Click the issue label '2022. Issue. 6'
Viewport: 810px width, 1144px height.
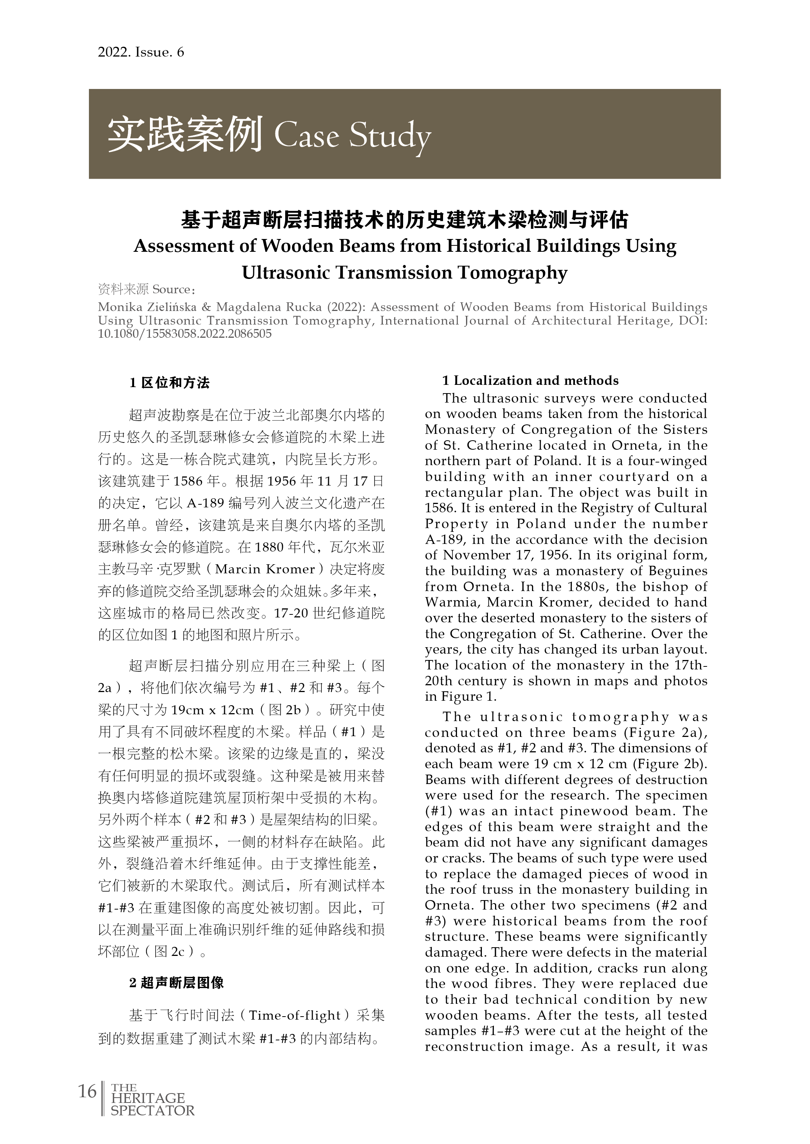click(141, 52)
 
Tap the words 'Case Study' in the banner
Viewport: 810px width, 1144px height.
click(352, 136)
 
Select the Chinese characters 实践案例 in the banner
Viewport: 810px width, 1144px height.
click(185, 135)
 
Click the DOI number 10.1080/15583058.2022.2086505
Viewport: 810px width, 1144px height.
click(185, 334)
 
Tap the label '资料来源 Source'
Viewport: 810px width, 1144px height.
click(145, 289)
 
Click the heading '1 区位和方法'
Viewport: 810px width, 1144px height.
click(170, 383)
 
